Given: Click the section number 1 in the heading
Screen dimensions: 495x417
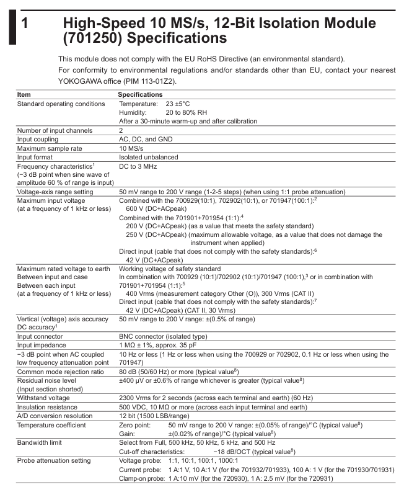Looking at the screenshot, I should click(x=24, y=24).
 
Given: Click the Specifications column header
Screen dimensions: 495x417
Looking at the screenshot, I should click(x=140, y=94).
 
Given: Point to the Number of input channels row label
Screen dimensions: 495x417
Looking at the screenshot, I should click(x=55, y=130).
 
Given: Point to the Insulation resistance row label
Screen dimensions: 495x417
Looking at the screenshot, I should click(x=49, y=407).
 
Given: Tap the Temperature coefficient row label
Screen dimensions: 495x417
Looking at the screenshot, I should click(x=53, y=425).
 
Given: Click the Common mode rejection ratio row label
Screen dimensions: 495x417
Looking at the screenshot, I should click(x=60, y=371).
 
